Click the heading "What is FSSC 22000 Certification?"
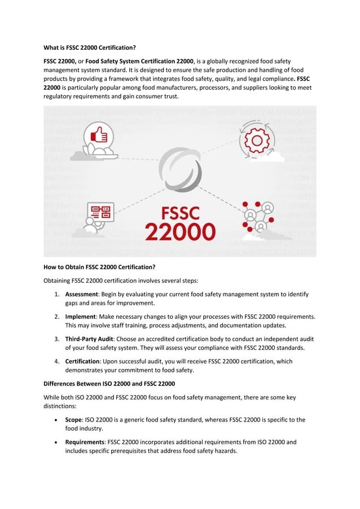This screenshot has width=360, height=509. (90, 47)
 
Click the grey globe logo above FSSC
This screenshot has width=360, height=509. (180, 170)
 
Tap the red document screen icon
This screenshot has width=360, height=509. (101, 213)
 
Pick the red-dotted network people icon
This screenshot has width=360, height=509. (257, 216)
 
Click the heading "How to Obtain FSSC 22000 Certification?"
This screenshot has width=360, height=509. (99, 267)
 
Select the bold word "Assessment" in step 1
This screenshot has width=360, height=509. (82, 295)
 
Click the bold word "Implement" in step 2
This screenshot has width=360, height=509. (80, 317)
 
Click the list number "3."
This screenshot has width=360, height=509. (57, 339)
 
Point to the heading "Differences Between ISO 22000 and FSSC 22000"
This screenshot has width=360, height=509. (109, 384)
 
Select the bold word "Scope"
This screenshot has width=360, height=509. (74, 420)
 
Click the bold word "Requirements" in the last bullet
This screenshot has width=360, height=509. (84, 442)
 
